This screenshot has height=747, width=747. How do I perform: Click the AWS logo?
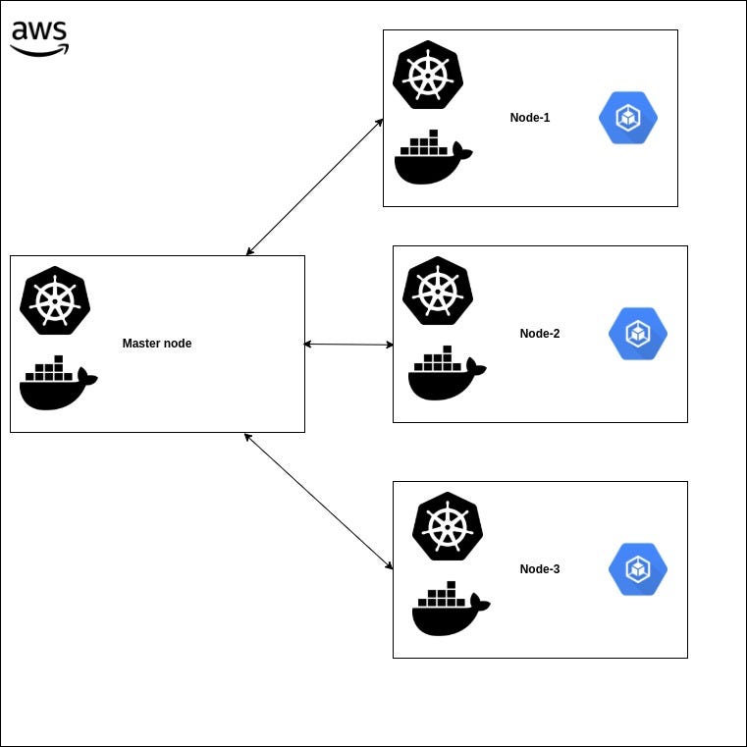coord(39,37)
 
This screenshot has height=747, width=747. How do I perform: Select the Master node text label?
coord(157,344)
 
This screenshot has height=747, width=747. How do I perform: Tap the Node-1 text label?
coord(530,118)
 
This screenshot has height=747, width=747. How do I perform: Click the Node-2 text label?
coord(540,334)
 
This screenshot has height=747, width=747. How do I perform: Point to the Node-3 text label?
coord(540,569)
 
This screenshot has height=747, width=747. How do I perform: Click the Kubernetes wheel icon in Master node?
coord(55,300)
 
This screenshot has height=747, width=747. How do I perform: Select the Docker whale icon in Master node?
coord(58,383)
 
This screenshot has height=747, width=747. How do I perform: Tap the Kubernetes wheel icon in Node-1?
coord(427,75)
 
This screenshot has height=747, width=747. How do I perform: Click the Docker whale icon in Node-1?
coord(432,158)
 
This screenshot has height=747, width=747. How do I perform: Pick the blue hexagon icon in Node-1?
coord(628,118)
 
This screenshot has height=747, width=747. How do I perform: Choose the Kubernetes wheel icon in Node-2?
coord(438,291)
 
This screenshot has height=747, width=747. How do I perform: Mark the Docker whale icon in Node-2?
coord(447,374)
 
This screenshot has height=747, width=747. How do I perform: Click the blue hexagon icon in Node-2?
coord(638,334)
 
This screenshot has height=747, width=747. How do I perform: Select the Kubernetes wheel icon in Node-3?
coord(448,526)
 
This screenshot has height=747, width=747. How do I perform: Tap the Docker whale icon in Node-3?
coord(451,610)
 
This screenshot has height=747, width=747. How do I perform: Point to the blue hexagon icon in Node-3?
coord(638,569)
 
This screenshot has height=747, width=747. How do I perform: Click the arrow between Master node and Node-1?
coord(314,187)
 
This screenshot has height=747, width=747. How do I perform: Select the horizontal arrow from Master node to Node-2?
coord(348,345)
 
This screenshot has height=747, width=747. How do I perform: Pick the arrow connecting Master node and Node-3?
coord(319,501)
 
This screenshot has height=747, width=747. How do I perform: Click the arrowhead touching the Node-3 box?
coord(389,565)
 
